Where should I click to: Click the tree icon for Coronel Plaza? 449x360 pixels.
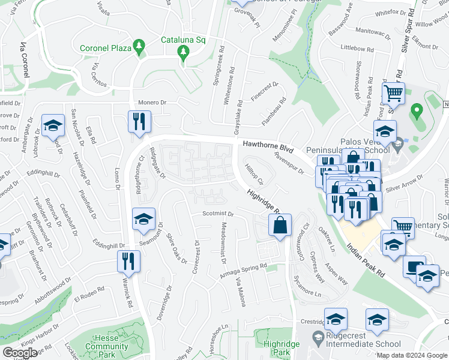pos(140,47)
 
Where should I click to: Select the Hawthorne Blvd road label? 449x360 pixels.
pos(268,145)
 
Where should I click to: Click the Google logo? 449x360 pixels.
pos(20,353)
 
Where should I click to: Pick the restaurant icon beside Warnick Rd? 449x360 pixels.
pos(128,261)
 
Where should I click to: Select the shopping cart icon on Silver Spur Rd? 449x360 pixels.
pos(393,94)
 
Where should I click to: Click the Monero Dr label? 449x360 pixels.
pos(151,103)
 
